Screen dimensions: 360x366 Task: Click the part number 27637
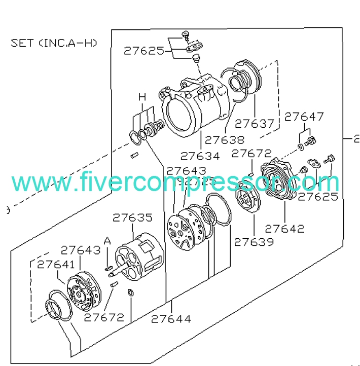tap(254, 124)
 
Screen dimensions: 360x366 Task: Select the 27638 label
tap(224, 140)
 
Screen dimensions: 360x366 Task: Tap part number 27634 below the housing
tap(200, 156)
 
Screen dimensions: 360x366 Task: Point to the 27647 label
tap(304, 117)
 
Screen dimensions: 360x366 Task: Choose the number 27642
tap(284, 229)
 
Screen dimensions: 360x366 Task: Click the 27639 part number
tap(254, 242)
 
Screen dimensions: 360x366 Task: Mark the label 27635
tap(132, 218)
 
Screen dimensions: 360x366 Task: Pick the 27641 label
tap(56, 265)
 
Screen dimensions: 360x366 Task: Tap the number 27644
tap(171, 319)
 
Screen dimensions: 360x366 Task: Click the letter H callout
tap(142, 97)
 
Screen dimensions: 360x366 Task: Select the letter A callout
tap(107, 241)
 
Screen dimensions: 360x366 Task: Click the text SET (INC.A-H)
tap(54, 43)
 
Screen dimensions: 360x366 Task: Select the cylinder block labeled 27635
tap(139, 257)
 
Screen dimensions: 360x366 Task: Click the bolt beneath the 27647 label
tap(310, 141)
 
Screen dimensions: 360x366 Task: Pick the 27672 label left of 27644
tap(104, 317)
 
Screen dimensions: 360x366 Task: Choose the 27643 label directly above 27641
tap(81, 250)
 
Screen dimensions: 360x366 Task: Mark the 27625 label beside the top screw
tap(144, 51)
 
